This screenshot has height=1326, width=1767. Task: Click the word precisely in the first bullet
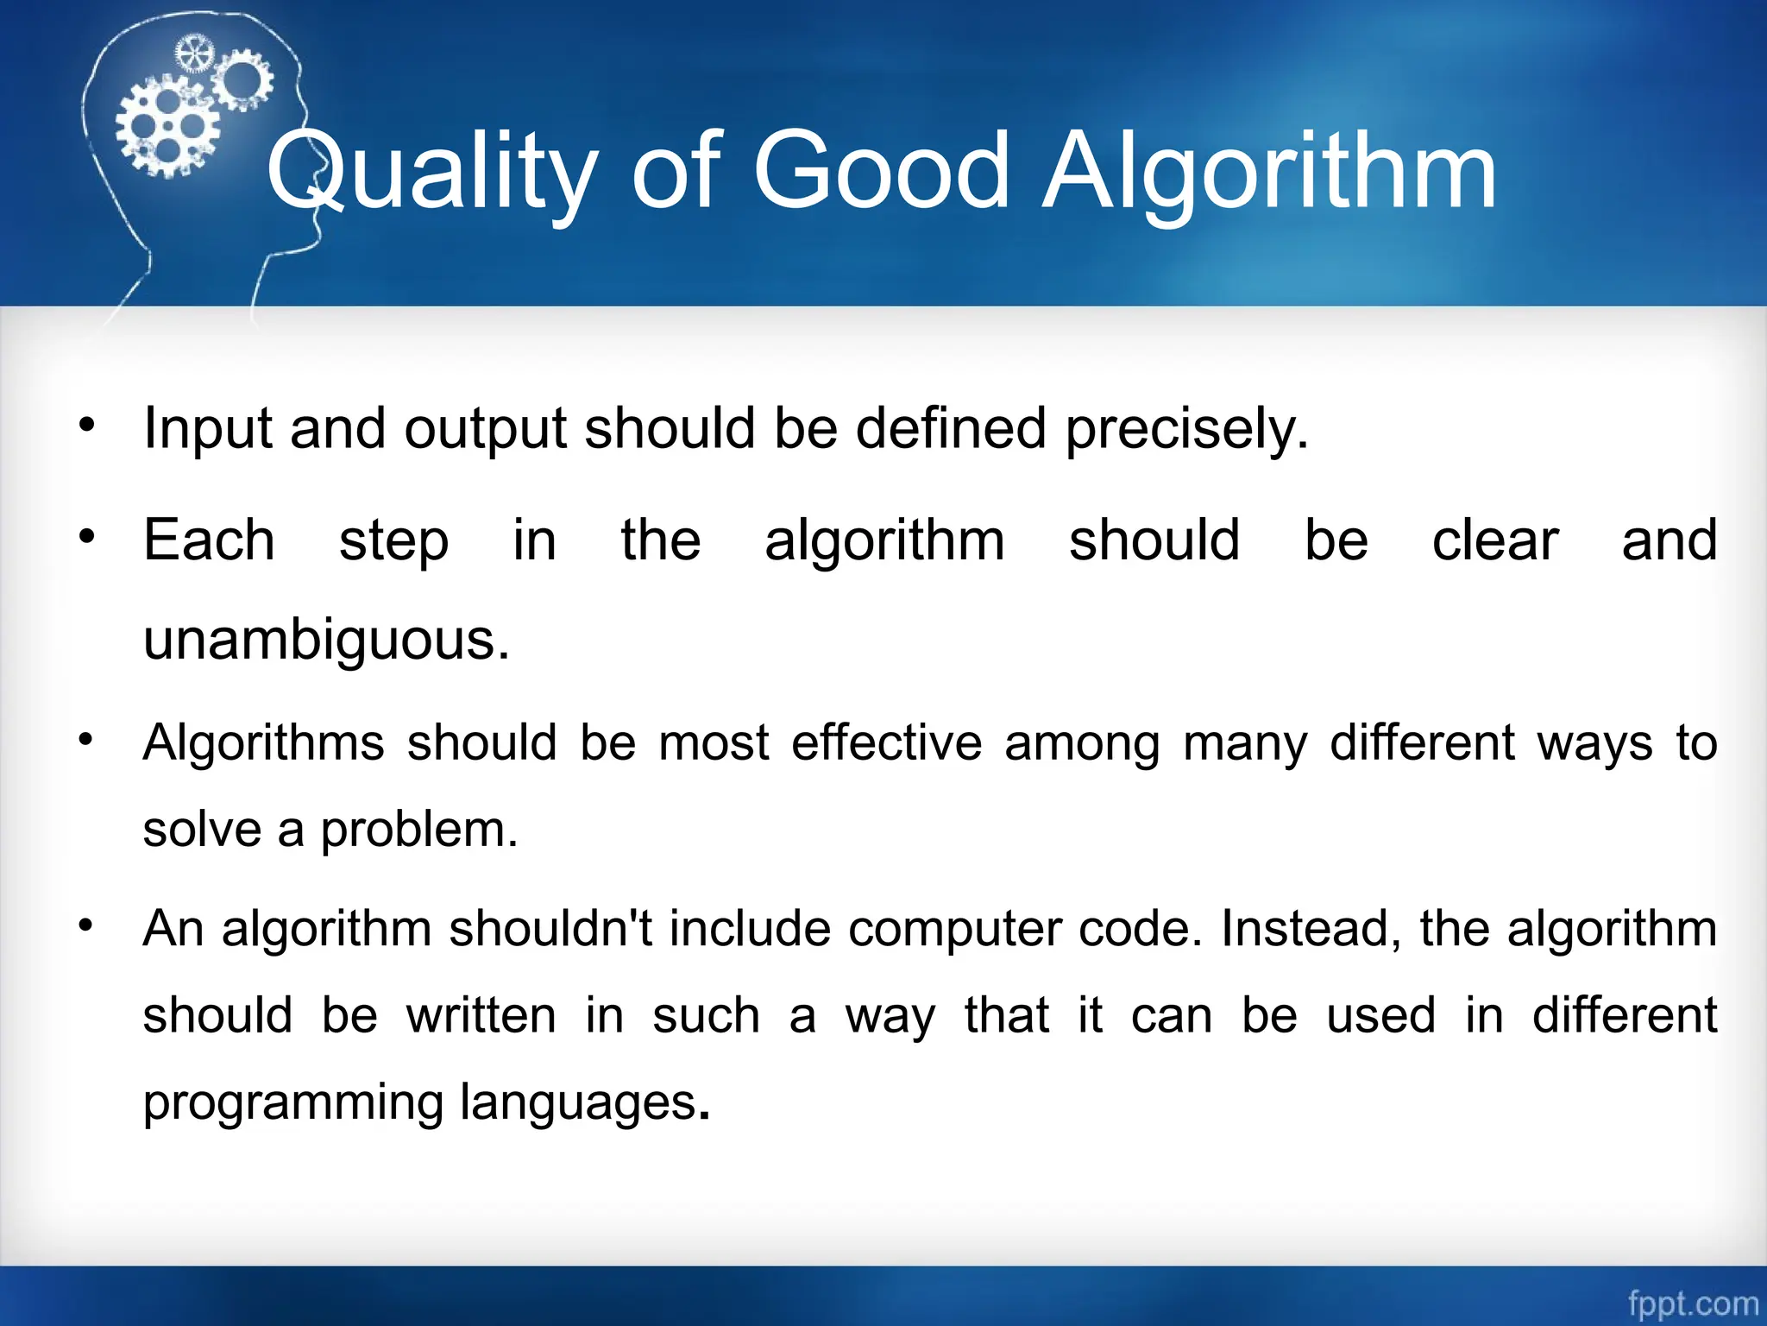tap(1186, 429)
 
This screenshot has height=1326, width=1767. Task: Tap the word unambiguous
tap(326, 641)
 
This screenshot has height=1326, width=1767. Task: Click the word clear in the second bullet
tap(1494, 541)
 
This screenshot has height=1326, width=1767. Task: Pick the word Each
tap(209, 541)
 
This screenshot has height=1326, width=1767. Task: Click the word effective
tap(886, 743)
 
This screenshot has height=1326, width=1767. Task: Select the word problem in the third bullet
tap(418, 830)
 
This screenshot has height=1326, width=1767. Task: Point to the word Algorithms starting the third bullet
tap(263, 743)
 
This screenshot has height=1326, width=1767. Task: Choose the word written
tap(481, 1016)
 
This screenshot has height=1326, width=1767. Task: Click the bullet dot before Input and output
tap(86, 425)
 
